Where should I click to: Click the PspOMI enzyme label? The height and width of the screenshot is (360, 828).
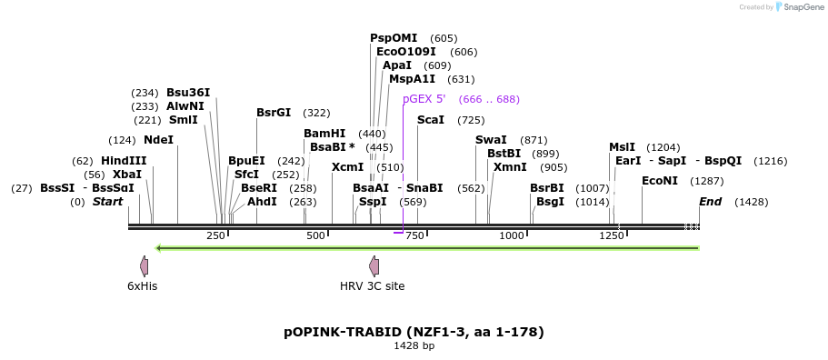click(394, 38)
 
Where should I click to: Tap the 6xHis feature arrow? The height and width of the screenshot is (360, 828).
click(144, 266)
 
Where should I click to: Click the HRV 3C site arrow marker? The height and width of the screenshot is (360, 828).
click(374, 266)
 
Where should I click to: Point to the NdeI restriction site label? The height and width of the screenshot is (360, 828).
click(158, 140)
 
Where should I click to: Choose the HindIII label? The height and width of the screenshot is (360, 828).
click(124, 161)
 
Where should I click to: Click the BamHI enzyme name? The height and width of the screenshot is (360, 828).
click(324, 134)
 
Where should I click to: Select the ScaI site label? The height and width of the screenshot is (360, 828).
click(431, 120)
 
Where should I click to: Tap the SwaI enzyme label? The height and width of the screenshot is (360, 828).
click(491, 140)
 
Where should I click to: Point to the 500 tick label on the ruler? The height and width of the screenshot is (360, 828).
click(315, 236)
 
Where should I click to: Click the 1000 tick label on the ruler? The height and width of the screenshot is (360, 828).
click(512, 236)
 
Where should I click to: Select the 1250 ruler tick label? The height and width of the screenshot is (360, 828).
click(612, 236)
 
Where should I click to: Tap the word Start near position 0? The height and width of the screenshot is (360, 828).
click(107, 202)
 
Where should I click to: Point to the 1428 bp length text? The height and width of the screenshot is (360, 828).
click(414, 346)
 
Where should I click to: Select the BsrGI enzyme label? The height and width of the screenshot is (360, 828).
click(274, 113)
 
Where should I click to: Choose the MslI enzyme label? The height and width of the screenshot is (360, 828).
click(623, 147)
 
